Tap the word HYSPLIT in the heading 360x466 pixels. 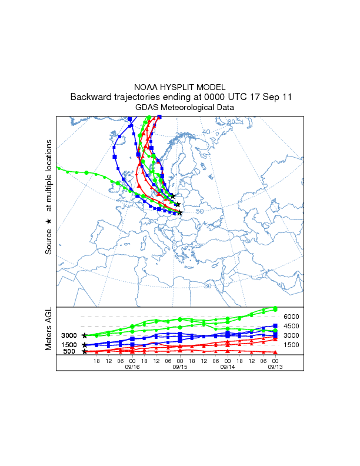coord(179,87)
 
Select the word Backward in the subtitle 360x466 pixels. coord(92,97)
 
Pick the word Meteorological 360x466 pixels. coord(191,108)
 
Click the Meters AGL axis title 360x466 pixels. coord(49,329)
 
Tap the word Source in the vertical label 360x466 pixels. coord(49,242)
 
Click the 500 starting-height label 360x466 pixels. coord(69,352)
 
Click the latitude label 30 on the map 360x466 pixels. coord(208,286)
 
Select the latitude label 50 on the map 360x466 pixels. coord(199,211)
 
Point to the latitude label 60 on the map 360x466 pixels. coord(231,122)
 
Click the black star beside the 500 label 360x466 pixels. coord(85,352)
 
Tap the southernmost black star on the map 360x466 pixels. coord(180,213)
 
